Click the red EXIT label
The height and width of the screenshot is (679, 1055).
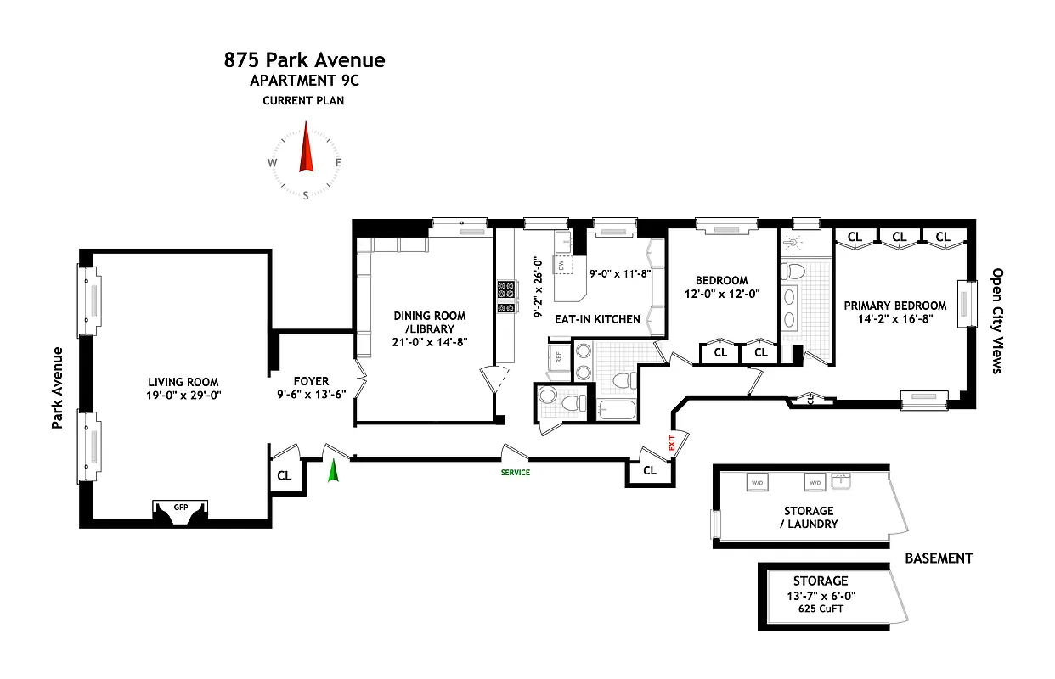(x=671, y=442)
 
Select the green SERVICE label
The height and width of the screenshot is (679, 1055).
(x=515, y=473)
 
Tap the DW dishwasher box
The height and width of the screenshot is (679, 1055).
(x=561, y=266)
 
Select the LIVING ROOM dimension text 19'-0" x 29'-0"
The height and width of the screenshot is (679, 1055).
(x=183, y=395)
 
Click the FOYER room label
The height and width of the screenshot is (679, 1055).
(x=311, y=382)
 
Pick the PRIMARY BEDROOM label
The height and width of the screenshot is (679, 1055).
(x=894, y=306)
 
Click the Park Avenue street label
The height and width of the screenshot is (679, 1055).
(x=58, y=387)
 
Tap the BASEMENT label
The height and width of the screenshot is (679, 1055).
(x=939, y=558)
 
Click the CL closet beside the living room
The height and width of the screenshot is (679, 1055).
(x=284, y=476)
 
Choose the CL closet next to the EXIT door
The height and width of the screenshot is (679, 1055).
(x=650, y=470)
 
